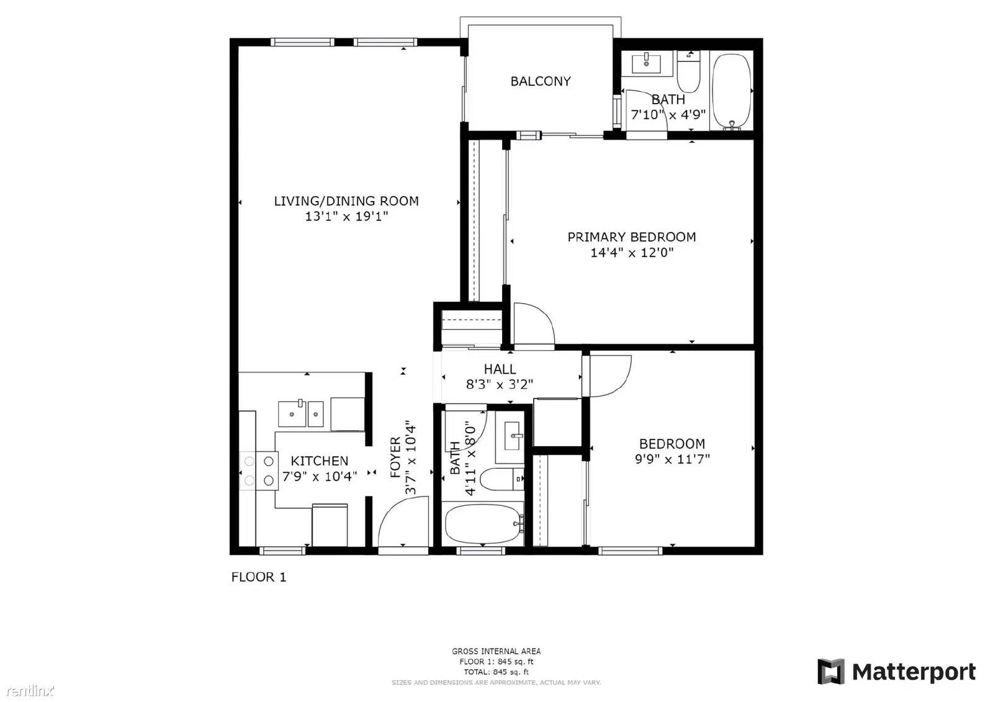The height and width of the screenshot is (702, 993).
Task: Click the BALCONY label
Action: (541, 81)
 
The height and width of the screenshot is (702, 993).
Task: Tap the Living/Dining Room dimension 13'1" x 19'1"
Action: (346, 217)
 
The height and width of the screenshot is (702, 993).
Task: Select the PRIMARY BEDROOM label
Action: (632, 237)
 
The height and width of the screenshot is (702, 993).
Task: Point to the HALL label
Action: (500, 369)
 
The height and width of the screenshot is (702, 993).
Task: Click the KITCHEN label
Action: (319, 461)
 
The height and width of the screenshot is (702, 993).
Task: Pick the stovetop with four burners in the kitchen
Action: (259, 470)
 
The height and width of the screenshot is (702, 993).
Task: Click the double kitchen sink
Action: (300, 414)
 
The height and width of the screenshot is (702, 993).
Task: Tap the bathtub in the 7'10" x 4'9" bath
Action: (732, 92)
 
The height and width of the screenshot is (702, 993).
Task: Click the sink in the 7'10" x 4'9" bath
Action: (646, 63)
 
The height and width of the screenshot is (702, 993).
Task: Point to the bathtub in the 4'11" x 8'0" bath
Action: (483, 524)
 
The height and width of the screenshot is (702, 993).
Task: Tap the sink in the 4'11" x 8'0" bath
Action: (513, 436)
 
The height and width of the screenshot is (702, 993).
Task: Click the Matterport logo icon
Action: (830, 672)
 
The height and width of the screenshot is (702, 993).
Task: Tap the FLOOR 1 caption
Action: (259, 577)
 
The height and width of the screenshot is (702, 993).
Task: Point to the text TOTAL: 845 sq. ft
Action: (496, 672)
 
